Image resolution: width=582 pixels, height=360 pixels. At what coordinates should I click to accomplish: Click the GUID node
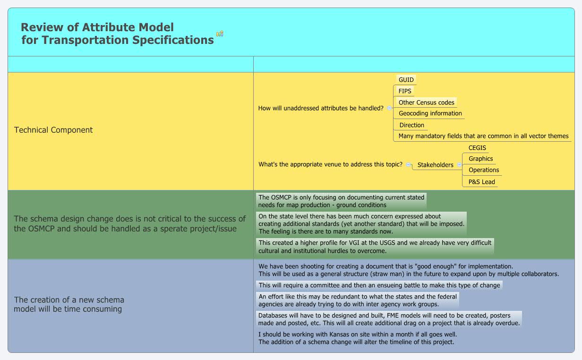[406, 80]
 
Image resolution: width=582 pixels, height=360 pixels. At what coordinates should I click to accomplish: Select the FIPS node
[405, 91]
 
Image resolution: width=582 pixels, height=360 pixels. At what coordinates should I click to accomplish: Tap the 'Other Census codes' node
[426, 103]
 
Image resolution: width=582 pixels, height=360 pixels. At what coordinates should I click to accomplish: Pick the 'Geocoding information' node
[430, 113]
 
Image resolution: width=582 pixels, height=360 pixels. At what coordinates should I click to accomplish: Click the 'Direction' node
[411, 125]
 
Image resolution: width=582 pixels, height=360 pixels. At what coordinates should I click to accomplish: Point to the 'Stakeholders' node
[435, 165]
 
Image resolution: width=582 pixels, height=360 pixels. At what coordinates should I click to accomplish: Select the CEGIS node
[477, 148]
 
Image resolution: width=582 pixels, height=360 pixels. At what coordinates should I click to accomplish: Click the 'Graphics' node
[480, 159]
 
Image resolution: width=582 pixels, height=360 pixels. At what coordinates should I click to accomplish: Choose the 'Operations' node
[484, 170]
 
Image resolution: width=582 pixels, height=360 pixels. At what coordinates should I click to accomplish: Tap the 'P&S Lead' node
[481, 182]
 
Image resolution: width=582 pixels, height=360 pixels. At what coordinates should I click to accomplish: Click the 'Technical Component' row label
[53, 130]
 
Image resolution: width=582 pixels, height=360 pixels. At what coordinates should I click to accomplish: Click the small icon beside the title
[220, 34]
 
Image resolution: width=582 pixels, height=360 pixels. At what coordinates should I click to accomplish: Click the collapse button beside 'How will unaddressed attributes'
[389, 108]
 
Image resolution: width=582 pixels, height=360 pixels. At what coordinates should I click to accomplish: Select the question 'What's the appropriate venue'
[330, 164]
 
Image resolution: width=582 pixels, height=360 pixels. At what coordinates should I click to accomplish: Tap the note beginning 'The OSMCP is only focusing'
[341, 201]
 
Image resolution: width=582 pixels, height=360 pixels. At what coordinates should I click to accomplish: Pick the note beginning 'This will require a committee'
[379, 285]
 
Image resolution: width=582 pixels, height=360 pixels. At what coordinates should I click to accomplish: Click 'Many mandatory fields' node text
[483, 136]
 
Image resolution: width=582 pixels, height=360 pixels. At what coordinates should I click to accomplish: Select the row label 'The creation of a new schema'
[69, 304]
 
